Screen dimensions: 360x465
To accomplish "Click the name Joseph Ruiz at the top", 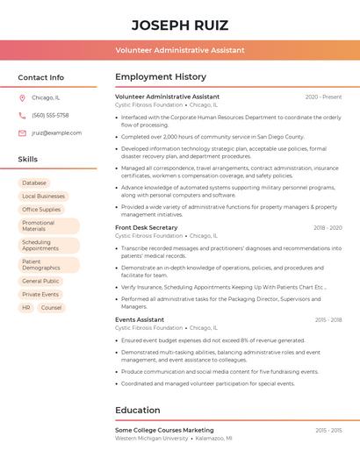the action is coord(179,25).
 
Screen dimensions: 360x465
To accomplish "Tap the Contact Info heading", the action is coord(40,77).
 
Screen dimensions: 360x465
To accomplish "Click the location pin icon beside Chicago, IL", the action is coord(22,97).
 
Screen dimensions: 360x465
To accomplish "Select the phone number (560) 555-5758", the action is coord(50,115).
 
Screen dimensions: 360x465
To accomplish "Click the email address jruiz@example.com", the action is coord(56,133).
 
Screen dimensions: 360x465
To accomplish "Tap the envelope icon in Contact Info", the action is coord(22,133).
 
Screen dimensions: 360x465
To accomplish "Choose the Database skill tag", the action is coord(34,183).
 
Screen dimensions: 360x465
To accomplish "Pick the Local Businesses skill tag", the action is coord(43,197).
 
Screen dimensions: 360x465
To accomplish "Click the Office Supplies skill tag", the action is coord(41,210).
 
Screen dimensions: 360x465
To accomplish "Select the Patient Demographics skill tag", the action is coord(41,264).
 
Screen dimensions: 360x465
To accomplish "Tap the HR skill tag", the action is coord(26,308).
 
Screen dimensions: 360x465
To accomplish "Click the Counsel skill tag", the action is coord(51,308).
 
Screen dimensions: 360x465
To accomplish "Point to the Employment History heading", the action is coord(161,77).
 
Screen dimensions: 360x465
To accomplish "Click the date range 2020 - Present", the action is coord(323,97).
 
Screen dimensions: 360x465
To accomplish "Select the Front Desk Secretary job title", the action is coord(146,227).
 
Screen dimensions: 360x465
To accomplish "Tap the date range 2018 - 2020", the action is coord(328,227).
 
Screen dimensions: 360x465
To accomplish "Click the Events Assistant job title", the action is coord(140,320).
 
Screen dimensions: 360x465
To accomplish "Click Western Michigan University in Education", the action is coord(152,438).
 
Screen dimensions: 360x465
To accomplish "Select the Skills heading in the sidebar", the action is coord(28,159).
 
